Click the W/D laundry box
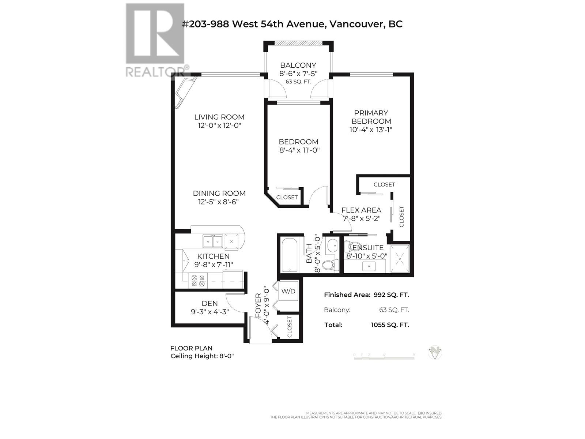pyautogui.click(x=288, y=291)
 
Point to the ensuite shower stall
pyautogui.click(x=400, y=259)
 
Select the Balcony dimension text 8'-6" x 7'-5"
pyautogui.click(x=298, y=74)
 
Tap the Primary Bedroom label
pyautogui.click(x=371, y=117)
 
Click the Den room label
pyautogui.click(x=210, y=303)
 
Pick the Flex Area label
pyautogui.click(x=361, y=210)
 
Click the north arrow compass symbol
pyautogui.click(x=435, y=353)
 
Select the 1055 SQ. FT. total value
pyautogui.click(x=390, y=325)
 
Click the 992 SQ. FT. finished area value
pyautogui.click(x=391, y=295)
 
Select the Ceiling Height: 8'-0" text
pyautogui.click(x=202, y=356)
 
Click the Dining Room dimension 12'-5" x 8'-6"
pyautogui.click(x=219, y=202)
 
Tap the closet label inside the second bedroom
pyautogui.click(x=287, y=197)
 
